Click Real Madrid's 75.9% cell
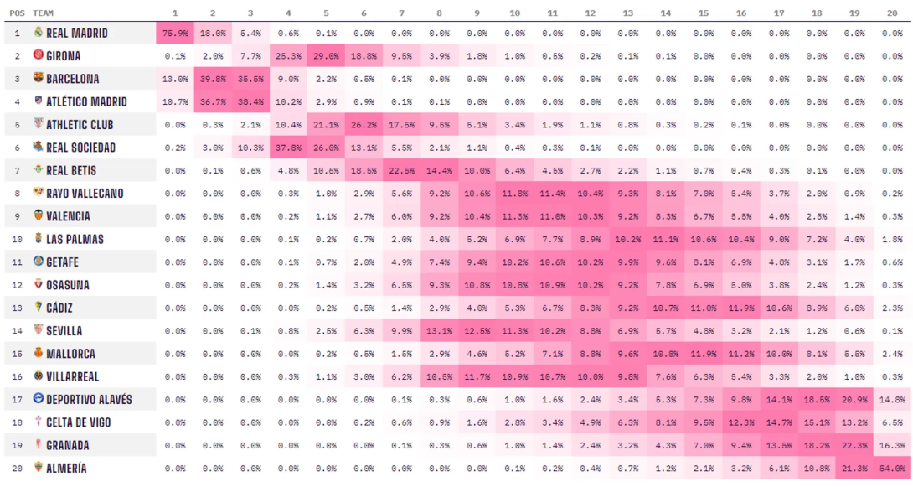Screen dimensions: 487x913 (x=175, y=33)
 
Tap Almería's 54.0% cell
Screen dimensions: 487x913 (x=892, y=468)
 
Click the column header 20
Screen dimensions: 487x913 (x=892, y=13)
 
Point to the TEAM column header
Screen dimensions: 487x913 (x=44, y=13)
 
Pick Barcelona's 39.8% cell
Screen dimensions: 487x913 (x=213, y=79)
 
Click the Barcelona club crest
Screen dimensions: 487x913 (x=38, y=78)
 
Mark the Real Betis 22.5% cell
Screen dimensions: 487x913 (x=401, y=170)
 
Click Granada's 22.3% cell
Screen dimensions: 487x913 (x=854, y=445)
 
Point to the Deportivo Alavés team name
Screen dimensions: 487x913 (x=89, y=400)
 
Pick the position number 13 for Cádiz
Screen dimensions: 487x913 (x=17, y=308)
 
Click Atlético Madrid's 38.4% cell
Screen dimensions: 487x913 (x=250, y=101)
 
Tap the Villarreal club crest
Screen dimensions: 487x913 (x=38, y=376)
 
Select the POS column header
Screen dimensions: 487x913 (x=17, y=13)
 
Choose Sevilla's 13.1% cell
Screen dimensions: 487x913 (x=439, y=330)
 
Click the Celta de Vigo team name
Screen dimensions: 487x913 (x=78, y=422)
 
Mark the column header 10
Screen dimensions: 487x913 (x=514, y=13)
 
